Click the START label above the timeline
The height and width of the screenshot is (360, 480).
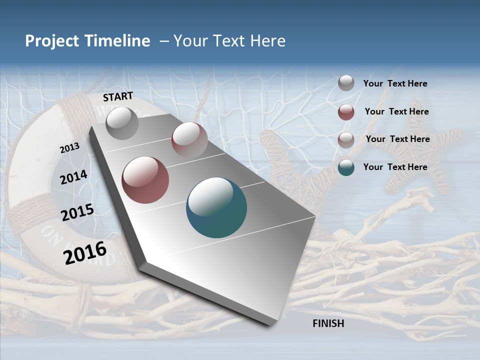tap(118, 96)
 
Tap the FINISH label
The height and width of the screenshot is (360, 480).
tap(328, 323)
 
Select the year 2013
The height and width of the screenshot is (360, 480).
tap(69, 148)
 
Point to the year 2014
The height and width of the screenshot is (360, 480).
tap(73, 177)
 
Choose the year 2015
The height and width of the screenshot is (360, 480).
tap(77, 212)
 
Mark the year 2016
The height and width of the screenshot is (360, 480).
tap(85, 253)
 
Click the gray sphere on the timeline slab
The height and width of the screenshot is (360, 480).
tap(122, 123)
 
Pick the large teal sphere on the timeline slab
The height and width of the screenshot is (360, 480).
tap(216, 207)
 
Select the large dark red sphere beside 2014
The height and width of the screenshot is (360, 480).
tap(145, 180)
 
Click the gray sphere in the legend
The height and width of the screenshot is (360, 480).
tap(346, 83)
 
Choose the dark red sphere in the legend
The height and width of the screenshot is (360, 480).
tap(346, 112)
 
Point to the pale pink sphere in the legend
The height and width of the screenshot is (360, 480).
tap(346, 139)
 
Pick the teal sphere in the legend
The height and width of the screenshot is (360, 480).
tap(346, 167)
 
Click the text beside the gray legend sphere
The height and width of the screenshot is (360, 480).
tap(395, 83)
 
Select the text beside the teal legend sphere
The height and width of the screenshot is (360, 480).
tap(395, 167)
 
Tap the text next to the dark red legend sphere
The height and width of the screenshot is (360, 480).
tap(396, 111)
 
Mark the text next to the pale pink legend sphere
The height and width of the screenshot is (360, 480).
tap(397, 139)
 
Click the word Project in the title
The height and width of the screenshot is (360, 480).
tap(52, 41)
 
